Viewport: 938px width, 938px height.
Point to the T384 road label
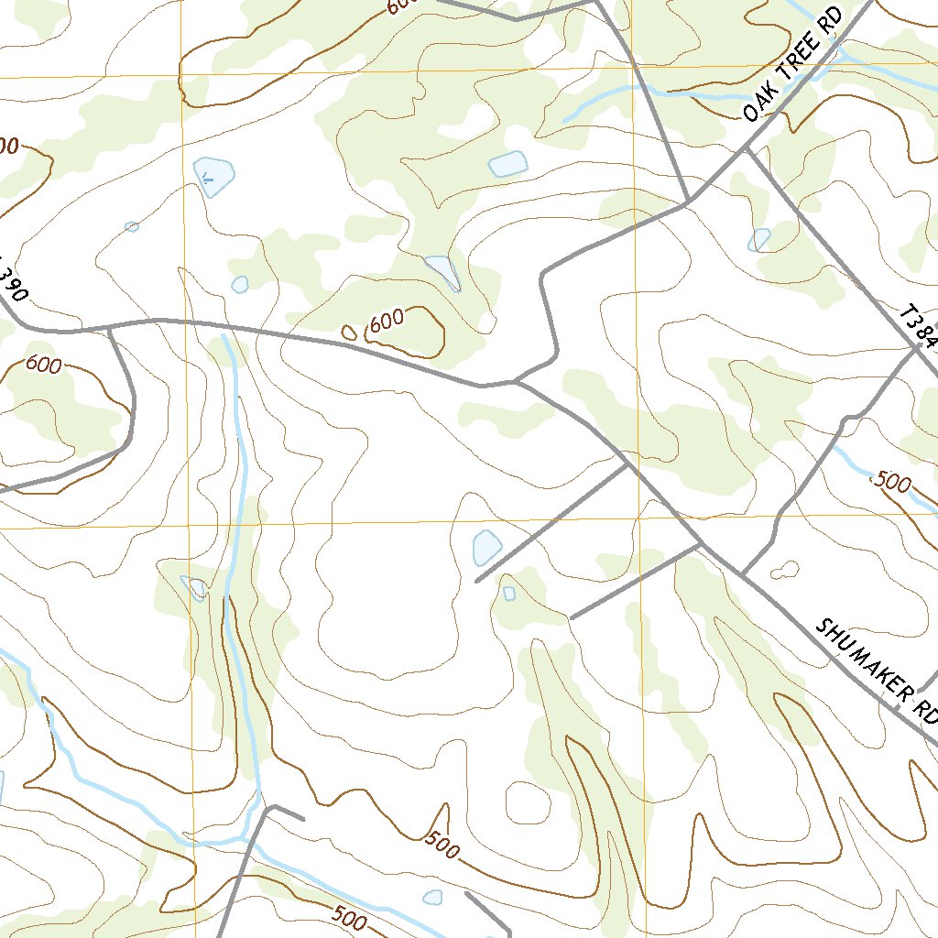click(919, 330)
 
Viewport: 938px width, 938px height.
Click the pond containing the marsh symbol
click(214, 176)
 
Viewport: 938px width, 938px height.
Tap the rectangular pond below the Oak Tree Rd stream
click(509, 164)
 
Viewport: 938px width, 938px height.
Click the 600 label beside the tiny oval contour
click(387, 321)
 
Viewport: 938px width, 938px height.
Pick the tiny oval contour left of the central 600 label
click(349, 333)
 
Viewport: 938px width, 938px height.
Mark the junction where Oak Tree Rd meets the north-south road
click(689, 201)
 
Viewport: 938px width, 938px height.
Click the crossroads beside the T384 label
click(916, 347)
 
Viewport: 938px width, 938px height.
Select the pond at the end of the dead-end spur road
click(486, 548)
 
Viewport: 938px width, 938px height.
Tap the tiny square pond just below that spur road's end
click(509, 594)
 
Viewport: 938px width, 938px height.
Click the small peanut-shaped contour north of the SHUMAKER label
click(784, 571)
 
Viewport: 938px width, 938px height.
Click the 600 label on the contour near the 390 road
click(43, 365)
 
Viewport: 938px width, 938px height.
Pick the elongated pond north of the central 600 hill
click(443, 270)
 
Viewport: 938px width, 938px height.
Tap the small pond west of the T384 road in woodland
click(759, 240)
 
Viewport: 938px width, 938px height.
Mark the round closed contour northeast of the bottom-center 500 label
click(529, 802)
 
